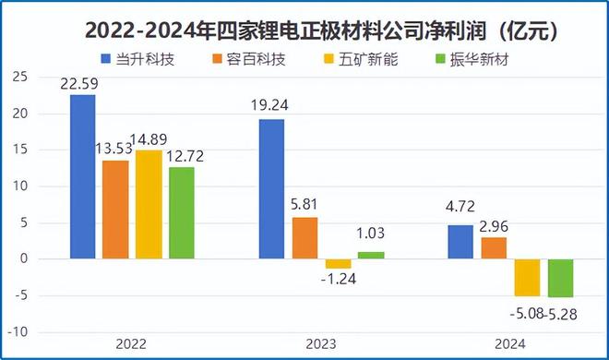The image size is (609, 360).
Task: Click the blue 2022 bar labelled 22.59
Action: click(x=82, y=177)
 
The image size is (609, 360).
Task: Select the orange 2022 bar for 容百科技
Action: click(x=115, y=210)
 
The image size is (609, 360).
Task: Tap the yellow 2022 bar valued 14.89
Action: click(x=149, y=205)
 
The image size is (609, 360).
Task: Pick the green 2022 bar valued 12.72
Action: click(x=182, y=213)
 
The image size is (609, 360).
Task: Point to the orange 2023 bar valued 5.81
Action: click(x=304, y=238)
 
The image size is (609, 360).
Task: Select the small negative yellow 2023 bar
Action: click(x=338, y=264)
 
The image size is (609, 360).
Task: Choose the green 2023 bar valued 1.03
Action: click(x=371, y=256)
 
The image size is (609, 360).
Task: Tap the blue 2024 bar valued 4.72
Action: click(x=460, y=242)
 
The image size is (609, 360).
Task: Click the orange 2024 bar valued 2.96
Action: click(x=494, y=248)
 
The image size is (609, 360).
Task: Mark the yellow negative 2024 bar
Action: click(x=527, y=278)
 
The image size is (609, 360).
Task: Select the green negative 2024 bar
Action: click(x=560, y=279)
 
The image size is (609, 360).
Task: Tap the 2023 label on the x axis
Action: click(x=321, y=343)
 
